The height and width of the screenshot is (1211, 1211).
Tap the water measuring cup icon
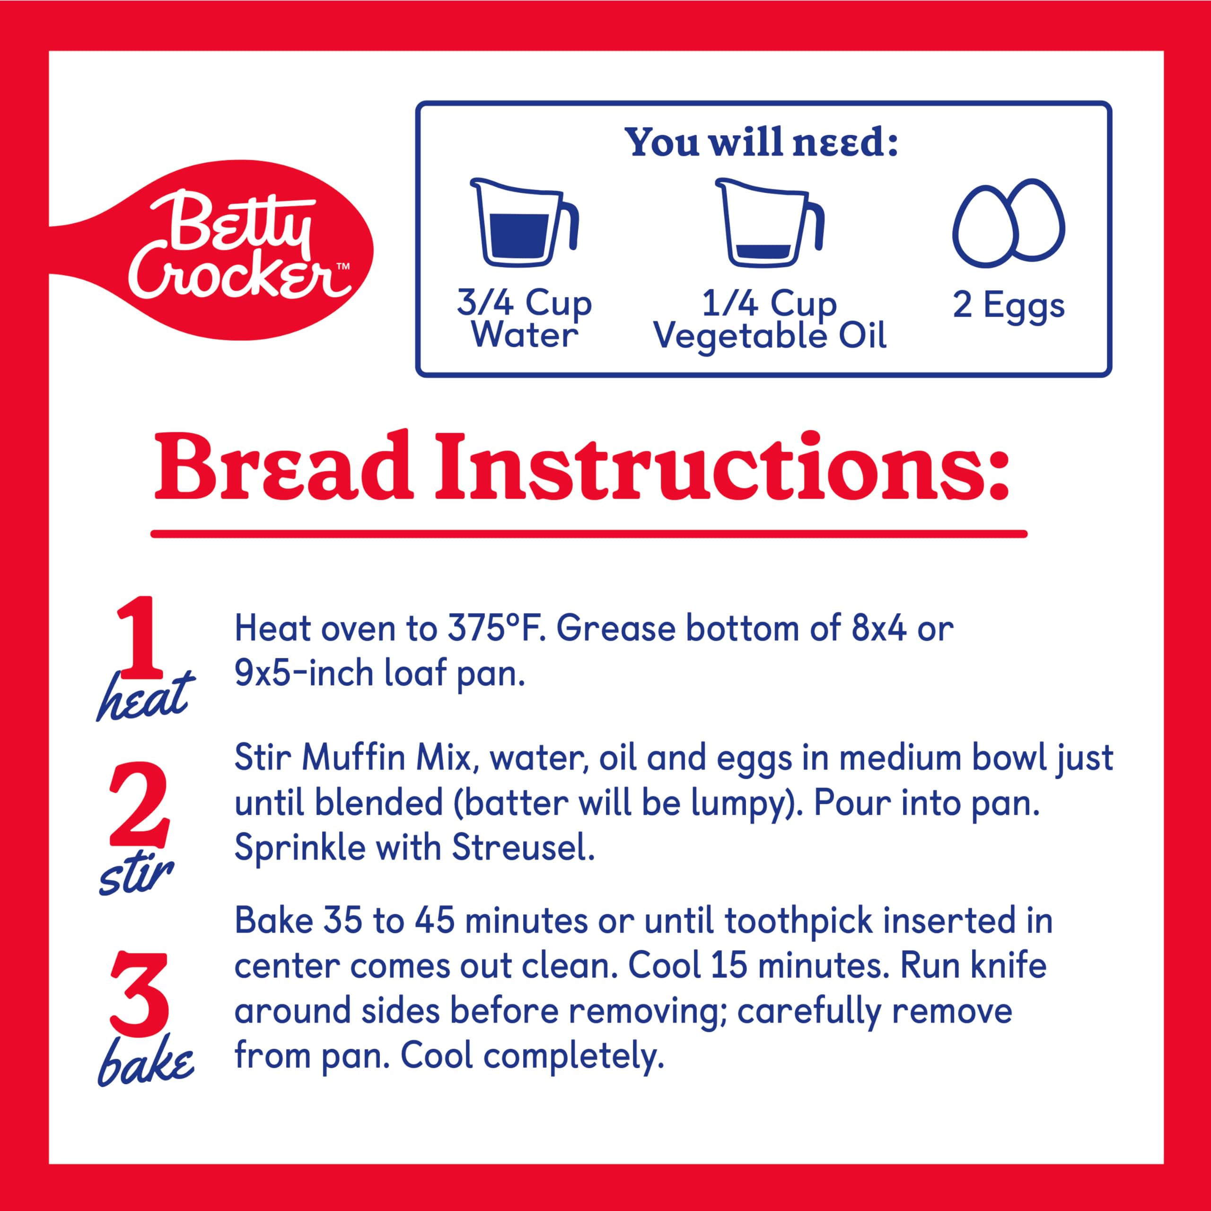tap(523, 222)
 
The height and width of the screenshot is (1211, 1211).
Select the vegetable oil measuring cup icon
tap(770, 222)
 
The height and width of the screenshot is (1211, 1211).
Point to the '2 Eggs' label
tap(1009, 307)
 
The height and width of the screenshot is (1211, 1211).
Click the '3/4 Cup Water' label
tap(524, 320)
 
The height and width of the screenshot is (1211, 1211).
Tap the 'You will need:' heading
tap(763, 143)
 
